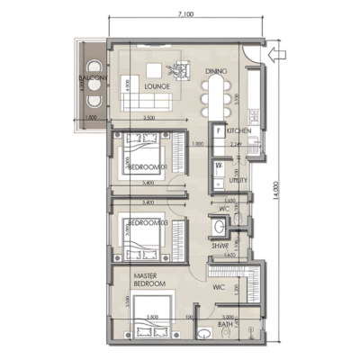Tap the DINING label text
coord(214,71)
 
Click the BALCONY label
coord(91,79)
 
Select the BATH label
coord(226,325)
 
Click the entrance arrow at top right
coord(278,54)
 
